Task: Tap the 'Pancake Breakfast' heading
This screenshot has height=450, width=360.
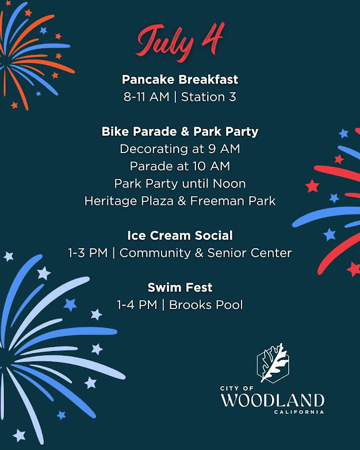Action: [180, 79]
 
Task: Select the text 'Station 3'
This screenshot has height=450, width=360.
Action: [209, 97]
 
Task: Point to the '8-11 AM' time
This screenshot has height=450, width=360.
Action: [147, 97]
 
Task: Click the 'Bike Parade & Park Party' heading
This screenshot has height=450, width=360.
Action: [180, 131]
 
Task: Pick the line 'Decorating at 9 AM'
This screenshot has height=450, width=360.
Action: [180, 149]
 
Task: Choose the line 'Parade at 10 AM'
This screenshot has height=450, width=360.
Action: [180, 166]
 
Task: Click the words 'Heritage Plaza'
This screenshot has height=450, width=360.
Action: [129, 201]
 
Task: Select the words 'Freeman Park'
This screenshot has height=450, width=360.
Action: [233, 201]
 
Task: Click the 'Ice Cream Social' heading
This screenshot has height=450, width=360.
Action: [180, 235]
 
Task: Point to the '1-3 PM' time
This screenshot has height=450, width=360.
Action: [88, 253]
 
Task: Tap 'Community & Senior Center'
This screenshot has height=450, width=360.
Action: [205, 253]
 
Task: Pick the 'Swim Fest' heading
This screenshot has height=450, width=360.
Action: [180, 288]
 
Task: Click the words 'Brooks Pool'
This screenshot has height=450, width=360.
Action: [206, 305]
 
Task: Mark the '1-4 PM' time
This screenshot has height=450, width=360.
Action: [137, 305]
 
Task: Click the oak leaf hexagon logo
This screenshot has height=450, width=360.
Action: [273, 363]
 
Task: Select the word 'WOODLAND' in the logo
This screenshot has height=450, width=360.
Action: [273, 400]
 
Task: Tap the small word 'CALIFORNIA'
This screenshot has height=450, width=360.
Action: [299, 412]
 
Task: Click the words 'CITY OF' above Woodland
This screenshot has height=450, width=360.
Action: [237, 388]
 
